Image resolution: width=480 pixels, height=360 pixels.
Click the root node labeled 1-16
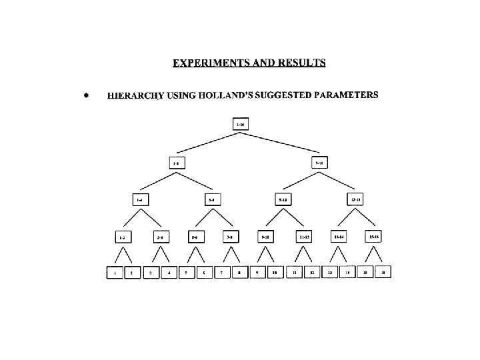click(241, 125)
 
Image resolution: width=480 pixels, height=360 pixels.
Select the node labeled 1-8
click(176, 163)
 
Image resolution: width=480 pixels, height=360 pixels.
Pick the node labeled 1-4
click(139, 199)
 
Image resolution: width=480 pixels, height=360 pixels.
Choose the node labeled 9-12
click(283, 199)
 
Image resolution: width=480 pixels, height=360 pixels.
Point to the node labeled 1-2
click(122, 236)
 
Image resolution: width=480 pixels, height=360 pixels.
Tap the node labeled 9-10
click(266, 236)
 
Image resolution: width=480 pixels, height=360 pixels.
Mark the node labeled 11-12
click(303, 236)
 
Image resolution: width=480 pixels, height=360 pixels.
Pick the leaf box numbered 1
click(115, 272)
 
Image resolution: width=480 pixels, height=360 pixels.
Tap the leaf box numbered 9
click(257, 272)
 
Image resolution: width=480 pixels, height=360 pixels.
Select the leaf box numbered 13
click(329, 272)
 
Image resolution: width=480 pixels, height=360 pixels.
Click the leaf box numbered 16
click(383, 272)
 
